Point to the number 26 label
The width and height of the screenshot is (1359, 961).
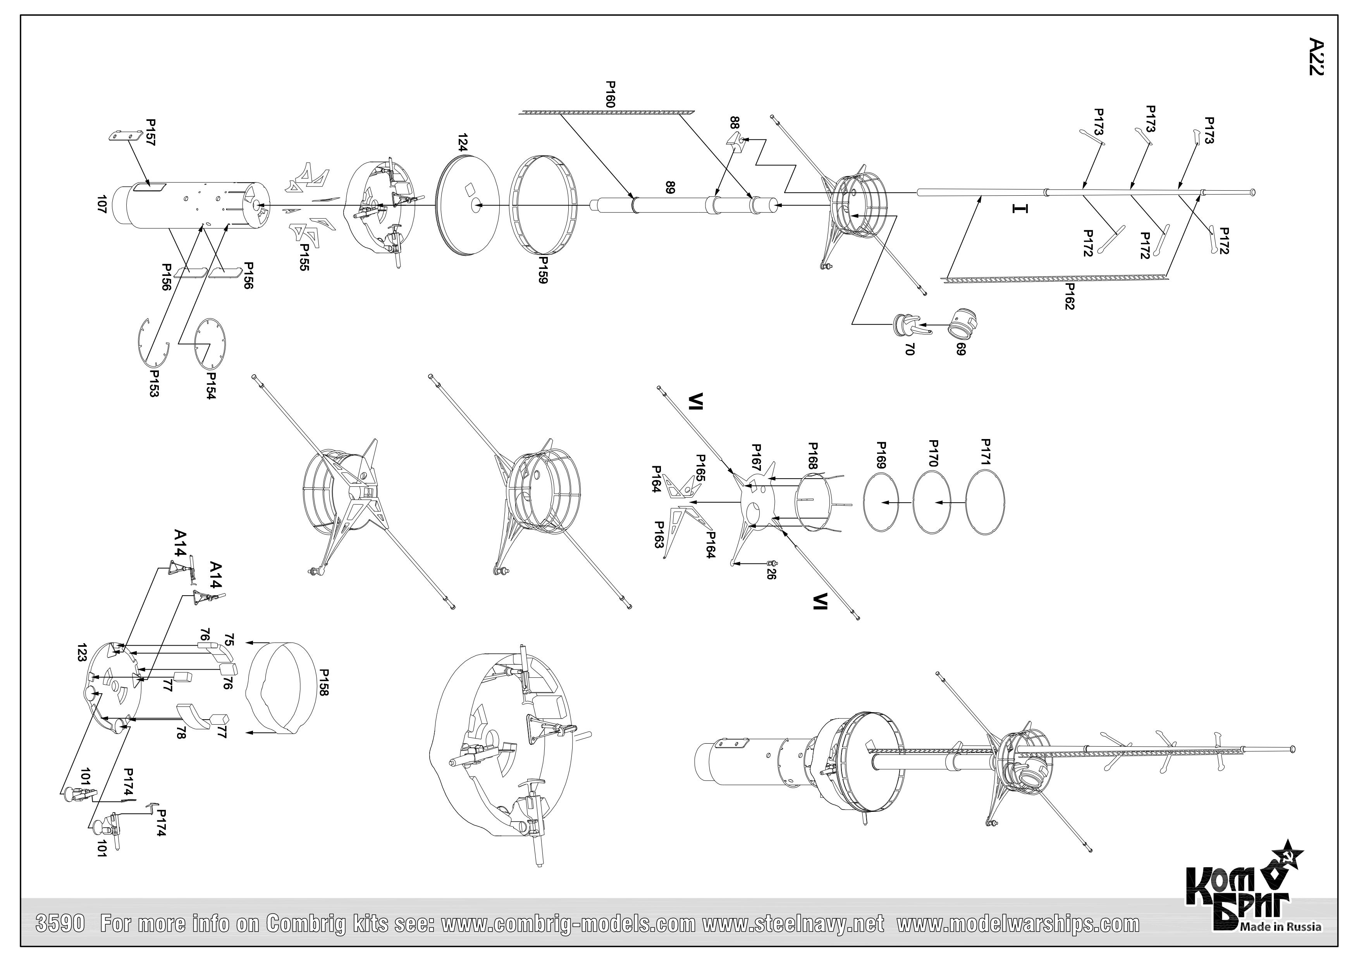tap(771, 573)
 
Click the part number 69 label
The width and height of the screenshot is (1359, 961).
tap(961, 349)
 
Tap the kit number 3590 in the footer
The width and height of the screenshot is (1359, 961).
tap(62, 924)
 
